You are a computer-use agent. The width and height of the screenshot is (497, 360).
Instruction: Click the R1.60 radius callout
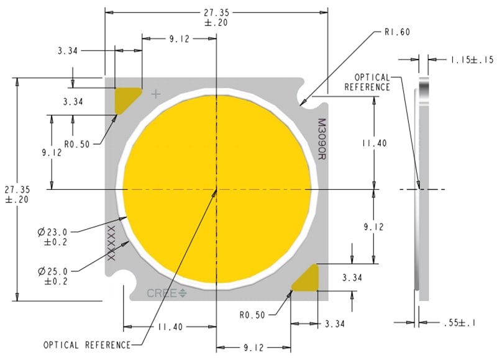[397, 31]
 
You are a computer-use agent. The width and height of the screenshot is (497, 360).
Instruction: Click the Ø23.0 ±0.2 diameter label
[52, 237]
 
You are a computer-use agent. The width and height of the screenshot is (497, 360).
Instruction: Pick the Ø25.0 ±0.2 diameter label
[52, 276]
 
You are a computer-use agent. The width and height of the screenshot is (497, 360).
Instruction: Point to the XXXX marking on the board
[112, 243]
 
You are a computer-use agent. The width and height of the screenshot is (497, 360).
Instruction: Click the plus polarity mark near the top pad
[156, 94]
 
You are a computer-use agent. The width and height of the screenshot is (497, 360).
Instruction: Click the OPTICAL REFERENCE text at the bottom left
[87, 344]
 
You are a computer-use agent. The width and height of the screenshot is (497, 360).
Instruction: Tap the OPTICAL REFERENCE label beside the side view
[372, 82]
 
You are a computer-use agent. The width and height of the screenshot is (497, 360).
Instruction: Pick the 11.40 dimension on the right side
[374, 143]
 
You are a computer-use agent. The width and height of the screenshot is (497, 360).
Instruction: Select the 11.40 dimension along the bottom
[170, 326]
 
